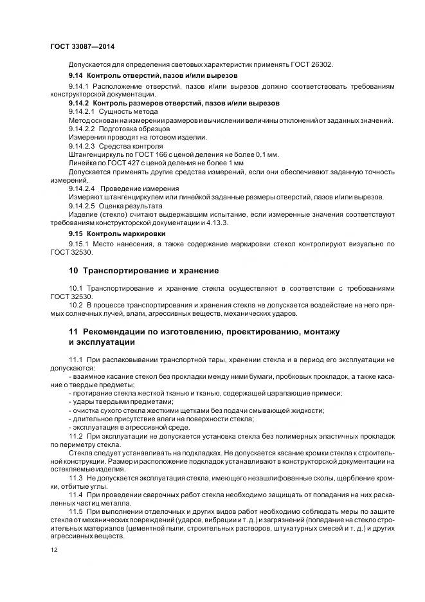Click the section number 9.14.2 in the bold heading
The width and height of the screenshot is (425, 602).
[x=80, y=103]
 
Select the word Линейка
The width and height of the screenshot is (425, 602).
[x=82, y=163]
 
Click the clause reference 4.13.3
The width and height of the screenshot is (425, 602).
[x=219, y=222]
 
